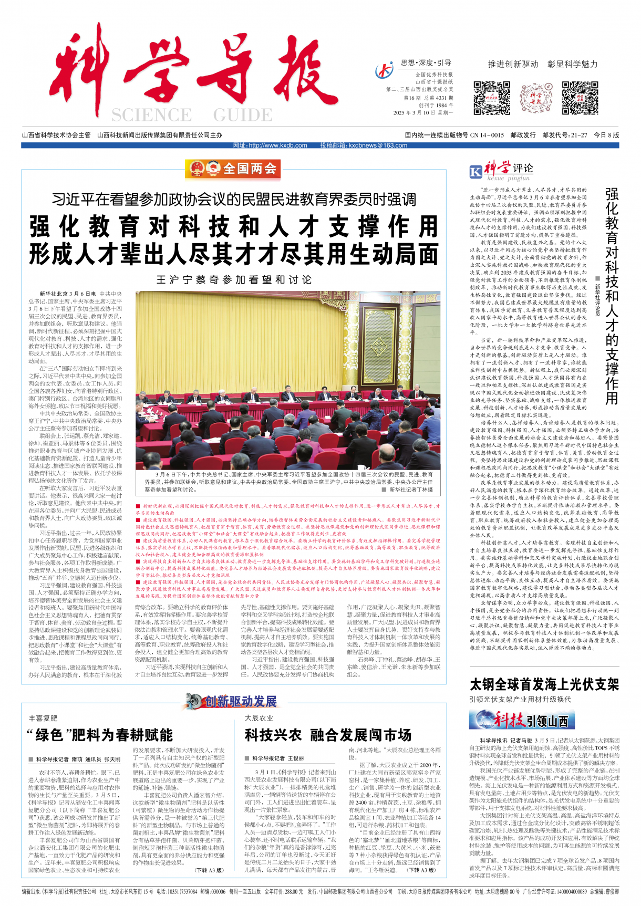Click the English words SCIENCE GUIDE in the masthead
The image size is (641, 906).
pos(192,115)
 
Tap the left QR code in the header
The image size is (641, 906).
pos(492,98)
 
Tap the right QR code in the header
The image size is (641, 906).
pos(580,98)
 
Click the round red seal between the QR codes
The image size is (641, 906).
pos(536,98)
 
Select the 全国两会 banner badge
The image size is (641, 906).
pos(233,169)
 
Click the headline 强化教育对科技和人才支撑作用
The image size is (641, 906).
pos(234,227)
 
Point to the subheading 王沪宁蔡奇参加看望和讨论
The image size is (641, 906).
pos(234,280)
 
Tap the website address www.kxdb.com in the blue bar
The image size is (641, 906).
pos(271,145)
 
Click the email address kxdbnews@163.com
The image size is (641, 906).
pos(364,145)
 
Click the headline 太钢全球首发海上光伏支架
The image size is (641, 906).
pos(544,684)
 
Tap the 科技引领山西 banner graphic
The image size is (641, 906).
pos(519,720)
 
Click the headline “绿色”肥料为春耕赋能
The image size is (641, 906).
pos(99,735)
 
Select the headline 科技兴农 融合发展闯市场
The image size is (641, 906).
pos(328,735)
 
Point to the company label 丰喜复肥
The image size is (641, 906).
pos(43,718)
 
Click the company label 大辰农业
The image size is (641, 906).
pos(259,718)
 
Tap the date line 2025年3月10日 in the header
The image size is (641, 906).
pos(423,113)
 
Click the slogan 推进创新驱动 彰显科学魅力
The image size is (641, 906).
pos(543,64)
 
